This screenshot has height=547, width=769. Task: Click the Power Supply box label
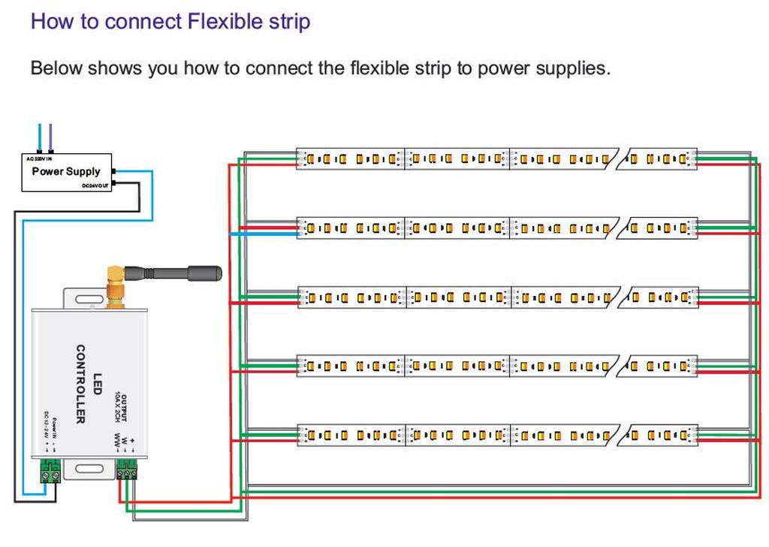point(66,171)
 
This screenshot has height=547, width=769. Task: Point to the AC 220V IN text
point(39,159)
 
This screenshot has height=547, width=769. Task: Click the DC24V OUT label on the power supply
point(96,186)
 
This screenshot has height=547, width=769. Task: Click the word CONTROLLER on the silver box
point(80,383)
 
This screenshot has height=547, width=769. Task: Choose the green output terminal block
point(128,471)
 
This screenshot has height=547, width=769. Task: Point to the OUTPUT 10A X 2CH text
point(121,409)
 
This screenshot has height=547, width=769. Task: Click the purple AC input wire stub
point(50,139)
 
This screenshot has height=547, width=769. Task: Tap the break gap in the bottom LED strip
point(621,435)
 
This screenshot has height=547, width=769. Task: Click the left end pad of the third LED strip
point(302,298)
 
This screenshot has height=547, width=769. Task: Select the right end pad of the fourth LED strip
point(693,367)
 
